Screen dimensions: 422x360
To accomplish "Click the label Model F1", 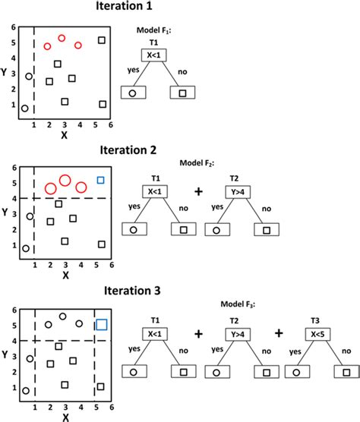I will (153, 30).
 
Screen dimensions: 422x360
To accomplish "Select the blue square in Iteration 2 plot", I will (100, 180).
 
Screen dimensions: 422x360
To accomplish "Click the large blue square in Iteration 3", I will (101, 324).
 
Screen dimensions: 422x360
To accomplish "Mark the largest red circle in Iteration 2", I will (65, 181).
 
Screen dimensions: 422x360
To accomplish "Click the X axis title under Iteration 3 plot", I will (64, 416).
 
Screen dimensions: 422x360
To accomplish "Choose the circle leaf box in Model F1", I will (132, 93).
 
